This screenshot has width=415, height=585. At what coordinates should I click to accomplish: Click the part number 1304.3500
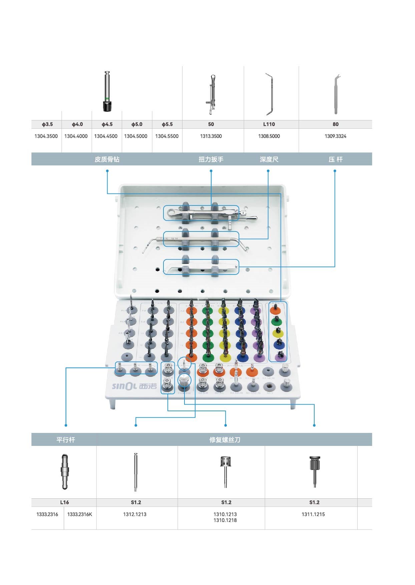46,136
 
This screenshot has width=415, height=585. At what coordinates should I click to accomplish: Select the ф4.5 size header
107,124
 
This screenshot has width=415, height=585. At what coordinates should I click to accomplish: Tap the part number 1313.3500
211,136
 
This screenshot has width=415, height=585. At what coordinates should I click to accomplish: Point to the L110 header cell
269,124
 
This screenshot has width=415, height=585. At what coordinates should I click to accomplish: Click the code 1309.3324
335,136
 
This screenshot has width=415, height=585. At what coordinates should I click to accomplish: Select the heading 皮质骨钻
107,159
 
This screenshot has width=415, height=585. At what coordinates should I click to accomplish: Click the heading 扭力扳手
211,159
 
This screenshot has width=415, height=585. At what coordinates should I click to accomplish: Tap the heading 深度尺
269,159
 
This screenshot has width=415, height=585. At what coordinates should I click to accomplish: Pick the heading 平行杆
66,440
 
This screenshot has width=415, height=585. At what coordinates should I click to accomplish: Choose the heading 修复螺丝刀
225,440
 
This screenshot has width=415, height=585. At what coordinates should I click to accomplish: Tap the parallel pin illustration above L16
65,471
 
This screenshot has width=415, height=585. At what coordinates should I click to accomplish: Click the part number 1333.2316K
79,514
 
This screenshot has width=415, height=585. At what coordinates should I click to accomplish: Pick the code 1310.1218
225,520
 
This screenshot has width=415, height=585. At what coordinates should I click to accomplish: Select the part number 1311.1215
313,514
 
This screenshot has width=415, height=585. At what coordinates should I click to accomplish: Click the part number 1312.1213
135,514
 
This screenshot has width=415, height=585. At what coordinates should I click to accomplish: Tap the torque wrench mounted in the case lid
210,213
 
